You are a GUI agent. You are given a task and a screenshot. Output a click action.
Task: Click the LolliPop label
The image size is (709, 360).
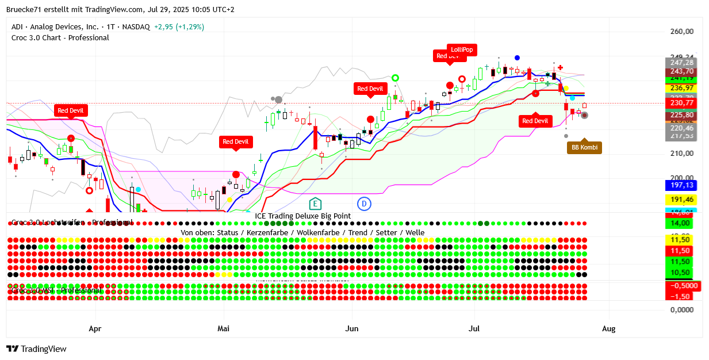tap(462, 50)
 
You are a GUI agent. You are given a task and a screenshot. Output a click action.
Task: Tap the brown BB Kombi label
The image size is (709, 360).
tap(584, 148)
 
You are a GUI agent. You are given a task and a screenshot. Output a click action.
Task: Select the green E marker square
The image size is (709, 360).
tap(315, 203)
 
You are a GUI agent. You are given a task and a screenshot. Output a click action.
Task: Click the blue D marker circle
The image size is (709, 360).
tap(363, 203)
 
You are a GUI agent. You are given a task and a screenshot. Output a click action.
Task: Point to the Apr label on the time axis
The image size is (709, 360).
tap(95, 329)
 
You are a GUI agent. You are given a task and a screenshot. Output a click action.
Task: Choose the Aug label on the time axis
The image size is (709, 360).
tap(608, 329)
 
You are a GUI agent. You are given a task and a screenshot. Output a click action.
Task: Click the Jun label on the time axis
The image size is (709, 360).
tap(352, 329)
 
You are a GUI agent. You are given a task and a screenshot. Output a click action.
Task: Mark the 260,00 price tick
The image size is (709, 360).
tap(682, 32)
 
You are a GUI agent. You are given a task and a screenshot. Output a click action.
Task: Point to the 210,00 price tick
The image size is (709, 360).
tap(682, 154)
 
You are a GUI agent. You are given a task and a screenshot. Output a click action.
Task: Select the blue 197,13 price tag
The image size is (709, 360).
tap(682, 185)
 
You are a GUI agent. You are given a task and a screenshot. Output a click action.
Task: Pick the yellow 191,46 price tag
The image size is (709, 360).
tap(682, 200)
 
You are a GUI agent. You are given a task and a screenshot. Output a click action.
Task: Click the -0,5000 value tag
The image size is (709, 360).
tap(684, 286)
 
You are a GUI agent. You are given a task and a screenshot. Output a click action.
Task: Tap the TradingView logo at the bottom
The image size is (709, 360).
tap(36, 349)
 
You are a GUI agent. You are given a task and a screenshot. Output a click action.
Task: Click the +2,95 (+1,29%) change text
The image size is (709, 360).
tap(179, 27)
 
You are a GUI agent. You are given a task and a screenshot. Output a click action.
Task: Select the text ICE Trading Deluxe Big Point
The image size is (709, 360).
tap(303, 216)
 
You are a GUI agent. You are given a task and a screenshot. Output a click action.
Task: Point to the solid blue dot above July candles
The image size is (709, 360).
tap(518, 58)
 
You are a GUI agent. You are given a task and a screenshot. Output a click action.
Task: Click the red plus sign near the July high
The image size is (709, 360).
tap(560, 68)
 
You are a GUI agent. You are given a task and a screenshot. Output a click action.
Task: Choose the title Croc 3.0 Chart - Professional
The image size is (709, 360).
tap(60, 38)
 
